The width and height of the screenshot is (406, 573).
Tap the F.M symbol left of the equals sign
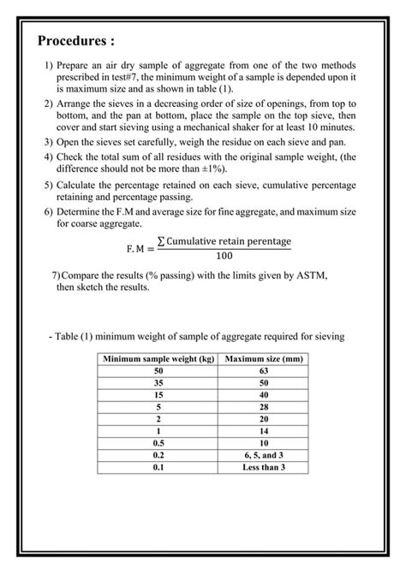coord(139,248)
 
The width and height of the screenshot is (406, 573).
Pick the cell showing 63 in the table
coord(263,370)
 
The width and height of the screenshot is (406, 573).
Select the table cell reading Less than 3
coord(263,467)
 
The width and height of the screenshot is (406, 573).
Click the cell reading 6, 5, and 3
coord(263,455)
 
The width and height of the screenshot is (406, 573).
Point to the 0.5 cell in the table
coord(158,443)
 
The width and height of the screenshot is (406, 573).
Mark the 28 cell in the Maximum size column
coord(263,407)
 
